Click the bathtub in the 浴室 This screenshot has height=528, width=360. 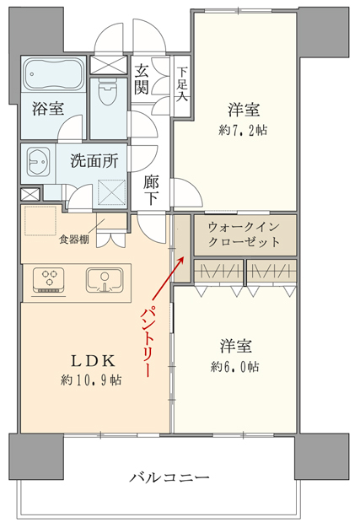53,74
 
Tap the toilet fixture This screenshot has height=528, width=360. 108,93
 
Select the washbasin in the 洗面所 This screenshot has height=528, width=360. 38,162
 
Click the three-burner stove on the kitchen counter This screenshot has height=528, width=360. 49,280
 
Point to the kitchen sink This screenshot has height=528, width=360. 105,280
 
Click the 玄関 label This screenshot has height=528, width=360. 142,78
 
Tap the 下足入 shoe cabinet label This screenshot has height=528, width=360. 182,84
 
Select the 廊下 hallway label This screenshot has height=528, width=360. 151,191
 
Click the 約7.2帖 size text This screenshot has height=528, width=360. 243,130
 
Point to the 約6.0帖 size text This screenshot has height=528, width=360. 235,366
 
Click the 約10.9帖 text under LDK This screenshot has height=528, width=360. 91,380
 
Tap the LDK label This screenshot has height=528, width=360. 93,361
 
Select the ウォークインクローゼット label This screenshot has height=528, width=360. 244,234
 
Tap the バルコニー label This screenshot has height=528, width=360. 169,477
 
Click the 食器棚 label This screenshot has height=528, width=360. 74,240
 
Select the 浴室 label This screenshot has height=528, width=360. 48,109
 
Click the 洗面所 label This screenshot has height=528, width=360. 94,161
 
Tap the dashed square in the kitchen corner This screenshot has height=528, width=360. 40,221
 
